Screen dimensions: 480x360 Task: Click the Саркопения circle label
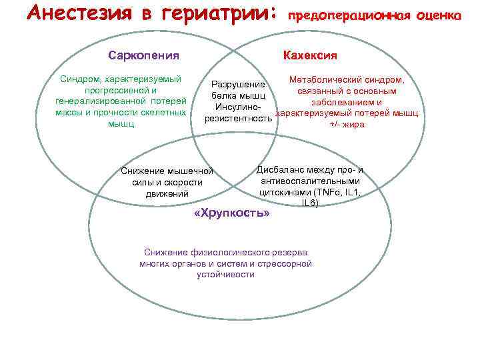pyautogui.click(x=143, y=55)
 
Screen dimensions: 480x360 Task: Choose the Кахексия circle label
pyautogui.click(x=310, y=55)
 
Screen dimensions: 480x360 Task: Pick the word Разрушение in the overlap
pyautogui.click(x=238, y=85)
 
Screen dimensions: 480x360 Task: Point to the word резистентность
pyautogui.click(x=238, y=119)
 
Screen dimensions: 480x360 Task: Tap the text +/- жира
pyautogui.click(x=347, y=124)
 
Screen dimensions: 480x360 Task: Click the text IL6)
pyautogui.click(x=309, y=202)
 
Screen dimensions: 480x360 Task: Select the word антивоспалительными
pyautogui.click(x=310, y=181)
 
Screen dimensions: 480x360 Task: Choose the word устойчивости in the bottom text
pyautogui.click(x=225, y=275)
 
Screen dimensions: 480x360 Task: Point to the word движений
pyautogui.click(x=167, y=194)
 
